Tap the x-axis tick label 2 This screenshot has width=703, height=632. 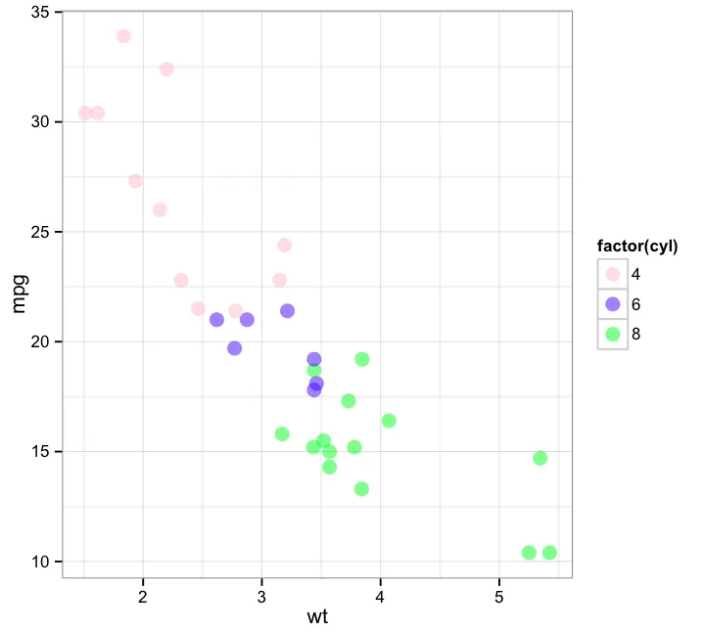tap(143, 595)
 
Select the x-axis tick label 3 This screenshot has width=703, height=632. tap(262, 595)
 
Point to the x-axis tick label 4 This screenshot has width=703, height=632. tap(381, 595)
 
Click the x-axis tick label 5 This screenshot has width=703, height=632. tap(499, 595)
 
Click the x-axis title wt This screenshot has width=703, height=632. tap(317, 617)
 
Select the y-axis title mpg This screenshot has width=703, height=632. tap(20, 293)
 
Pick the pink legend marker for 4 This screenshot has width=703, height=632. tap(612, 275)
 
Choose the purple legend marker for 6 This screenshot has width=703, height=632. tap(612, 304)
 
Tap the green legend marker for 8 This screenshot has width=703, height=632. tap(612, 334)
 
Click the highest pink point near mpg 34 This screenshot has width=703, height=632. tap(123, 36)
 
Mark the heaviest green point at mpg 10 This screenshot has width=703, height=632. tap(549, 553)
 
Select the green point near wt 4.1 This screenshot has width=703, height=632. tap(389, 421)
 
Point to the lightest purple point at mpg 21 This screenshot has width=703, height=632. tap(216, 320)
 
